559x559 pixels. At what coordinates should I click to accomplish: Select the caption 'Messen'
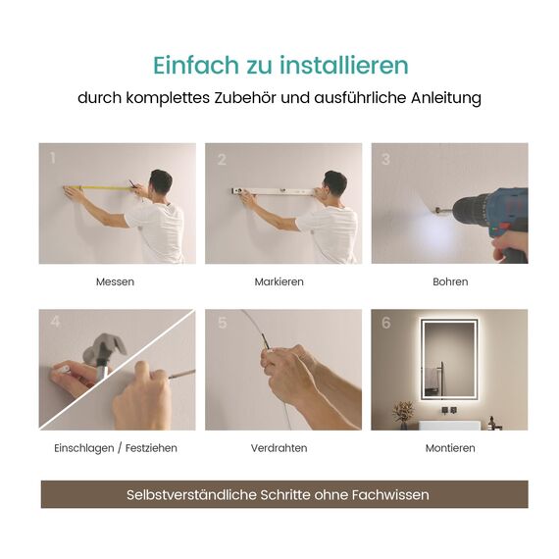coord(115,281)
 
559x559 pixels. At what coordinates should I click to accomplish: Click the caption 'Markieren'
coord(279,281)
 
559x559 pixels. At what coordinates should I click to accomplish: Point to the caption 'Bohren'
coord(450,281)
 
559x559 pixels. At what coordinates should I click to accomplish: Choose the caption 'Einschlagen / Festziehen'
coord(116,448)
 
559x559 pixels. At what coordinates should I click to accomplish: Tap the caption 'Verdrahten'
coord(279,448)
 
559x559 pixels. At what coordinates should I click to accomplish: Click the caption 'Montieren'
coord(450,448)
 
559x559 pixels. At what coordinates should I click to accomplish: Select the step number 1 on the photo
coord(53,158)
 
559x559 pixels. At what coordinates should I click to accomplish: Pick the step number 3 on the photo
coord(385,159)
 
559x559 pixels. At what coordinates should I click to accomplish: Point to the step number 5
coord(222,323)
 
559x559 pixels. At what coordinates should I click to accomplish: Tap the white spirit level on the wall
coord(275,191)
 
